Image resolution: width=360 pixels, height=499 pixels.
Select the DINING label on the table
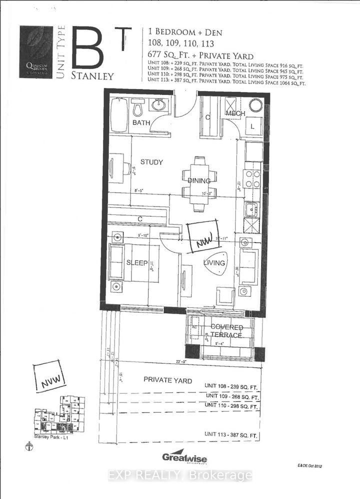click(199, 180)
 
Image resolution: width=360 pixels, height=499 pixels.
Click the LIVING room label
click(216, 262)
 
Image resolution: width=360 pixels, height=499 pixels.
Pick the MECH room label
click(235, 113)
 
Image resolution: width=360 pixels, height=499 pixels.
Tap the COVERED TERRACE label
click(226, 331)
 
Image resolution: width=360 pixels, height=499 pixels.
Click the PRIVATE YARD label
click(167, 380)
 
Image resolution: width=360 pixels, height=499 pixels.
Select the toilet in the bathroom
click(138, 108)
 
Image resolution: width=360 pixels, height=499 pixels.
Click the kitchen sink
click(250, 209)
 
